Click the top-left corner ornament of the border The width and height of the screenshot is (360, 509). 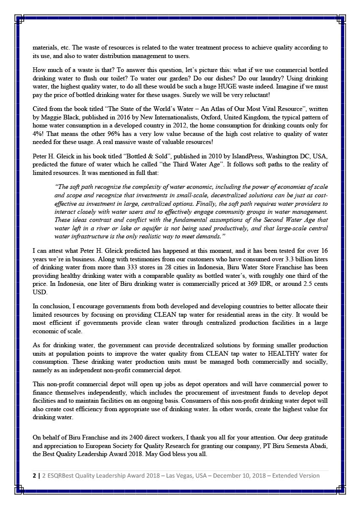19,18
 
